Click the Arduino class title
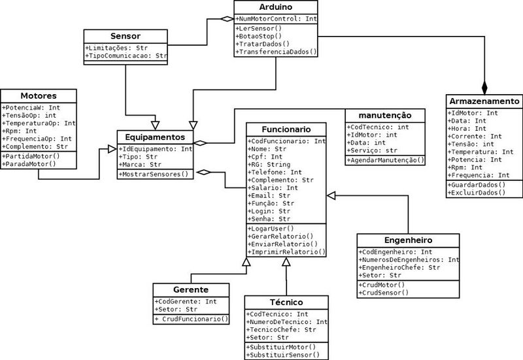point(277,7)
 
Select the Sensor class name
point(126,35)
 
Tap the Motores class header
point(38,95)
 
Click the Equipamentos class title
point(156,138)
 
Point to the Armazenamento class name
point(484,101)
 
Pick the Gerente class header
point(191,289)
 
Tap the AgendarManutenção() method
point(384,160)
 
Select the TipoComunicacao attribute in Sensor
point(126,57)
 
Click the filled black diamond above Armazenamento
point(484,86)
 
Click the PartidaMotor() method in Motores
point(31,156)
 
